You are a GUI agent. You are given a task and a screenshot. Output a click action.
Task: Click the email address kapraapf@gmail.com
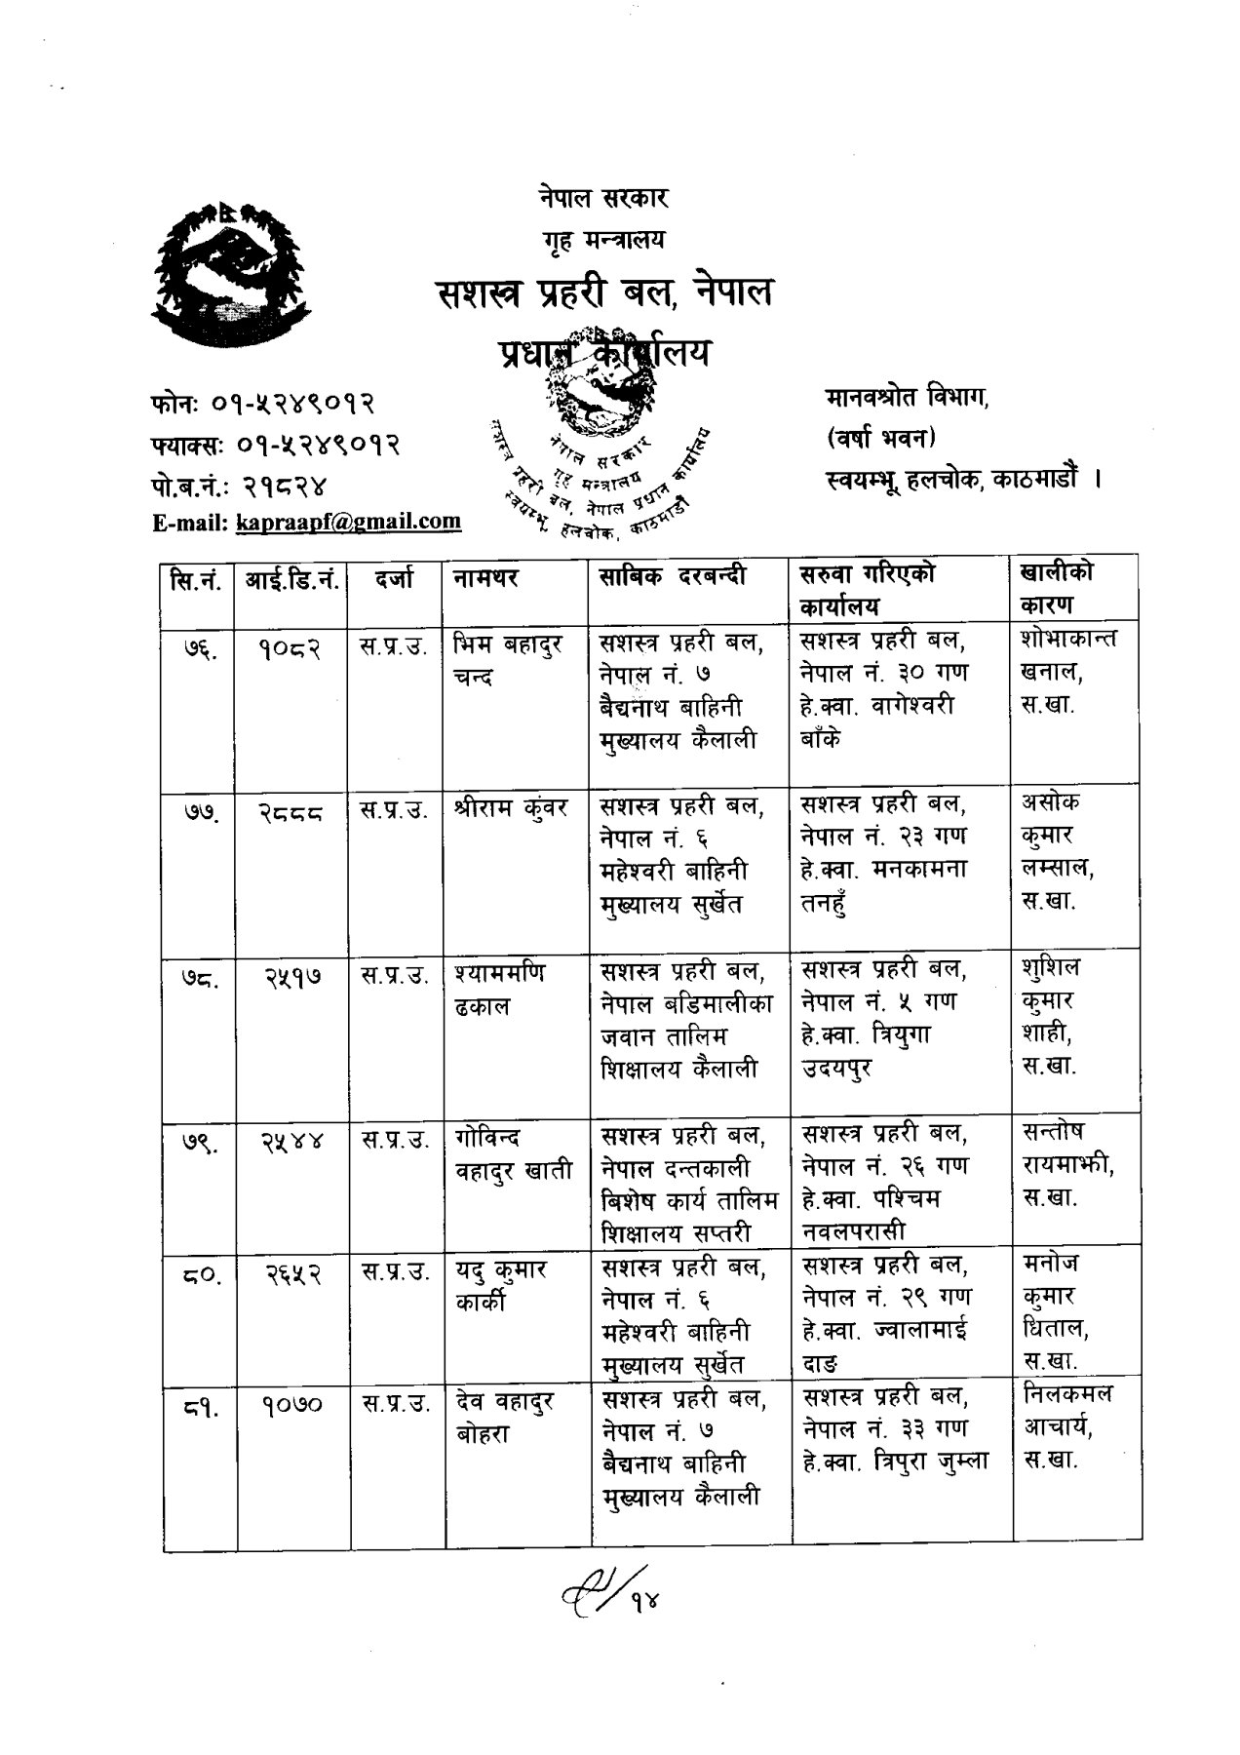[x=348, y=522]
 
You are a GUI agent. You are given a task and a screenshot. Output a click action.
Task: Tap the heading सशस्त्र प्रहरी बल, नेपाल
[x=604, y=292]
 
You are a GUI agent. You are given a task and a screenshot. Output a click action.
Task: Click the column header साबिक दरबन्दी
[x=673, y=576]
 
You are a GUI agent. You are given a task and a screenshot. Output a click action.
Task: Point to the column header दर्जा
[x=395, y=578]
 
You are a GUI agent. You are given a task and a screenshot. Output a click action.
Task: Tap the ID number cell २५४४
[x=291, y=1140]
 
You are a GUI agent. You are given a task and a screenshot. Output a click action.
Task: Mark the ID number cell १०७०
[x=291, y=1405]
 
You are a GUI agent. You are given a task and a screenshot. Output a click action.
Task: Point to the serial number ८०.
[x=198, y=1272]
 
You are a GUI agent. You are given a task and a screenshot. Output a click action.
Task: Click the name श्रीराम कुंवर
[x=511, y=807]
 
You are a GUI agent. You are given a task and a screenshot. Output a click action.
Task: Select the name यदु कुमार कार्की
[x=501, y=1286]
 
